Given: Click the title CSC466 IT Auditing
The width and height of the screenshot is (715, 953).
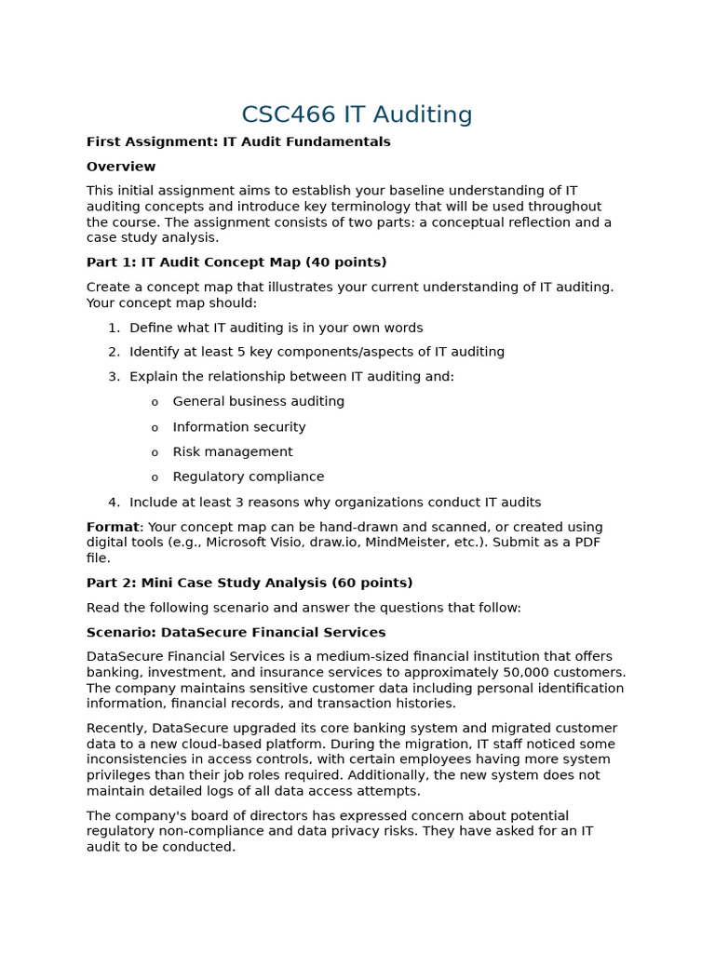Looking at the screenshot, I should point(357,114).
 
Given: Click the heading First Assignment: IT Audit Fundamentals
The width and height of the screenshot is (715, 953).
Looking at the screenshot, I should point(238,141).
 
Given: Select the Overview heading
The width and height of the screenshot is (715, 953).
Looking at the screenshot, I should point(121,167).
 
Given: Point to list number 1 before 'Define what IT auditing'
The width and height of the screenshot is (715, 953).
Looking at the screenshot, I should point(113,328).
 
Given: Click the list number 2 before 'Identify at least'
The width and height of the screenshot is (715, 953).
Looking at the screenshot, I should point(113,352).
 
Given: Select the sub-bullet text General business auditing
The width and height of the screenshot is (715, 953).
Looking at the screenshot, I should point(258,401).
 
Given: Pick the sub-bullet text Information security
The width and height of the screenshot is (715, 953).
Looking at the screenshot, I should point(238,427).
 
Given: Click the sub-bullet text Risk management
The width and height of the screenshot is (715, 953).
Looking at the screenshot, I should point(232,451).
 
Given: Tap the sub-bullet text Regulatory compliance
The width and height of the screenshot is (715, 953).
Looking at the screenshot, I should point(248,476).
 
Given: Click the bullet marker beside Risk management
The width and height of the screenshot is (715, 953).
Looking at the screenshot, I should point(155,453).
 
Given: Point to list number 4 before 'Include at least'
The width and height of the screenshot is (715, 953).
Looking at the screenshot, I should point(113,502).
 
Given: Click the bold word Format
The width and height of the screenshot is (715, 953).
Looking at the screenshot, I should point(113,527).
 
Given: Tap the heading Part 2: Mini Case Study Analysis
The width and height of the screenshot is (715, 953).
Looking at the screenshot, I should point(250,583).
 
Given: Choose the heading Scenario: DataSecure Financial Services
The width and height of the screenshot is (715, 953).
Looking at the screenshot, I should point(236,632).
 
